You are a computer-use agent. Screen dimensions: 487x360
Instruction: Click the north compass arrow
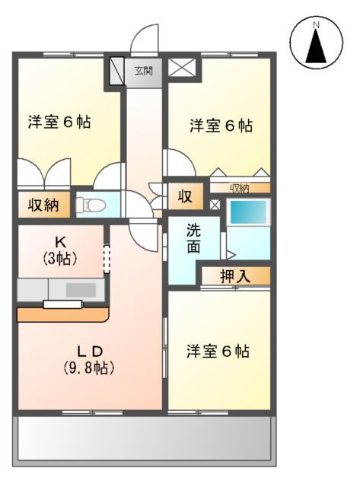(315, 44)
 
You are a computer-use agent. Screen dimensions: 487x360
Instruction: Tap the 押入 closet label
(235, 275)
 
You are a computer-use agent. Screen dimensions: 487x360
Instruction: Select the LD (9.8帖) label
(88, 359)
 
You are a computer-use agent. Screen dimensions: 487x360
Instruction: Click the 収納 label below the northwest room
(43, 204)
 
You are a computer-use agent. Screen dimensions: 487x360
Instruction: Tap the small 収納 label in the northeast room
(240, 187)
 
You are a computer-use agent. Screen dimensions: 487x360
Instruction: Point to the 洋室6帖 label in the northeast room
(221, 126)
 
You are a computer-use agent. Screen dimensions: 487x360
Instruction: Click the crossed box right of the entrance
(182, 68)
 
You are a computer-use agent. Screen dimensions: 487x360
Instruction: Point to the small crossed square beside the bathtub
(215, 204)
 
